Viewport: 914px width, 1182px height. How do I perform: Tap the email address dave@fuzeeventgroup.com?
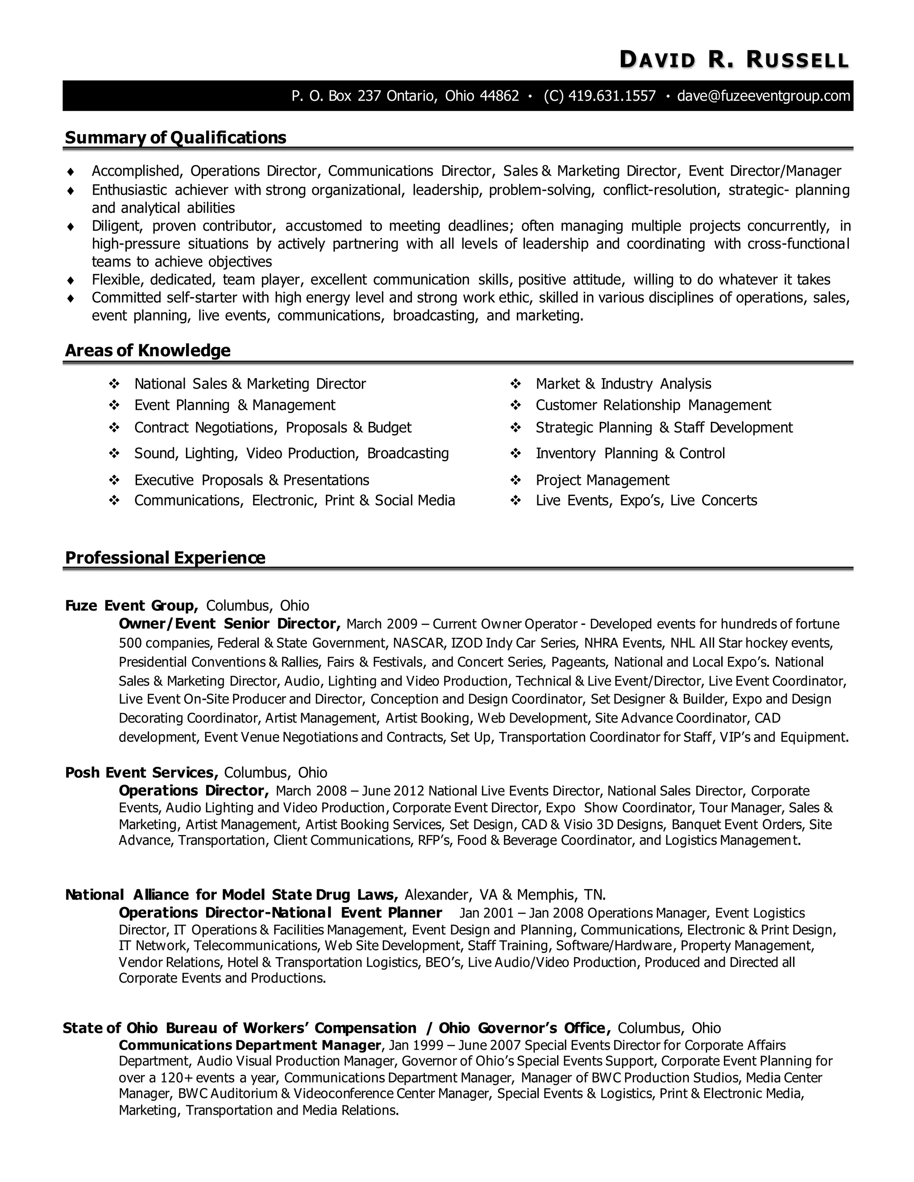tap(764, 96)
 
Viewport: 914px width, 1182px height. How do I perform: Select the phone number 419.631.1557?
tap(612, 96)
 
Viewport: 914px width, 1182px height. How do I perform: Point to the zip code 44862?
tap(499, 96)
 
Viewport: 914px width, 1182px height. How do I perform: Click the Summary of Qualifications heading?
tap(175, 138)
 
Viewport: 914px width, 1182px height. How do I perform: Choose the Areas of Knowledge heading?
tap(148, 351)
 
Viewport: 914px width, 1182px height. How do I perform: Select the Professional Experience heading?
tap(165, 558)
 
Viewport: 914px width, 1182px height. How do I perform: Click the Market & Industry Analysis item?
tap(623, 384)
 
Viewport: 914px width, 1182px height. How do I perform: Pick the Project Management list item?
tap(602, 480)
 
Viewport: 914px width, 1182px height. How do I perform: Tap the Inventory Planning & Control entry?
tap(630, 454)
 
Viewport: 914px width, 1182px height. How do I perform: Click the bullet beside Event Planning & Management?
tap(114, 405)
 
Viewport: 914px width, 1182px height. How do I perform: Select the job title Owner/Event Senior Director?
tap(229, 624)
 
